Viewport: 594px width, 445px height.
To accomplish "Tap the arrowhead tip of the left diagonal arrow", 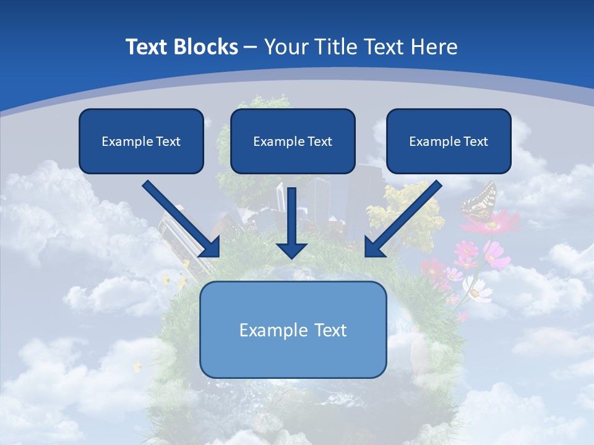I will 218,255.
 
